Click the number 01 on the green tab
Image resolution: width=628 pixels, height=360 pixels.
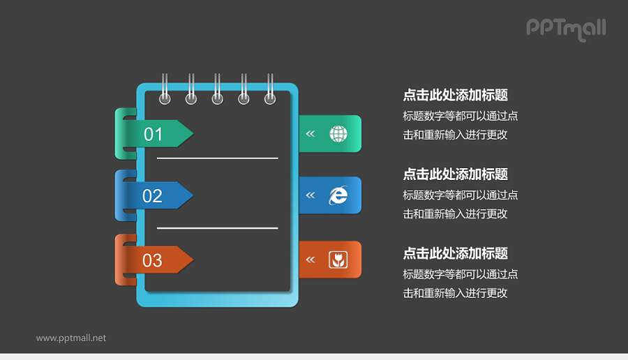pos(153,134)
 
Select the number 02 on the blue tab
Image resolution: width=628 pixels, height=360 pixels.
pos(153,196)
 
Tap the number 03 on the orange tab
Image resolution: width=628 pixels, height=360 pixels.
pos(153,260)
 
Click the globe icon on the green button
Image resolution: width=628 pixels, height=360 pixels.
pos(338,133)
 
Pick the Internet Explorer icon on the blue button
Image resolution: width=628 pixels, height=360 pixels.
pos(338,195)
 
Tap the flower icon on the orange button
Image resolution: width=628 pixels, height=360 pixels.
pos(338,260)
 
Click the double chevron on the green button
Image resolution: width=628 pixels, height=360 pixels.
pos(311,133)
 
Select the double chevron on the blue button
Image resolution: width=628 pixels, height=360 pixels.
pos(311,195)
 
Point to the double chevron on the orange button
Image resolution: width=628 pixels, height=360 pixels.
pos(311,260)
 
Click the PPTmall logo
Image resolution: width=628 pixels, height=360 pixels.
pos(566,29)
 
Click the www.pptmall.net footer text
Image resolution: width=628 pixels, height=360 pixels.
pos(71,338)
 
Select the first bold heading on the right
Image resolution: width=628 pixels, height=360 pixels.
pos(455,96)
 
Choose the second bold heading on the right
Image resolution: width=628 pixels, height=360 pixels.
pos(455,174)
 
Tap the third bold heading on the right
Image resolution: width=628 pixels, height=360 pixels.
pos(455,253)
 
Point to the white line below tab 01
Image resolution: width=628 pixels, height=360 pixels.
pos(217,158)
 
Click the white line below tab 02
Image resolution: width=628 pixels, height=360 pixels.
pos(217,227)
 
